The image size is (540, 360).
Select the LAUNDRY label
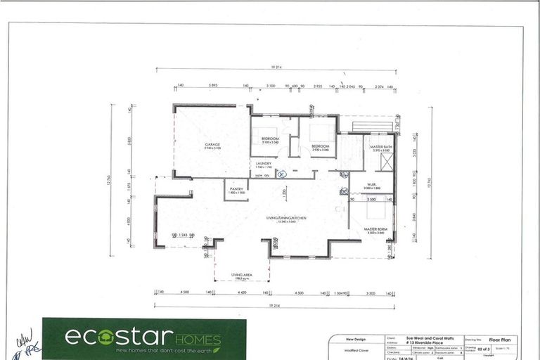264,164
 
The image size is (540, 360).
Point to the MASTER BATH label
380,147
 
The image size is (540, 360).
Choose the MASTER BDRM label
375,229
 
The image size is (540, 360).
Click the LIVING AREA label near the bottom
242,276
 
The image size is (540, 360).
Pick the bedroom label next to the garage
270,139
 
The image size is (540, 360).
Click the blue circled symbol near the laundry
281,174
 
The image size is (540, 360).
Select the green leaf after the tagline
217,349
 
